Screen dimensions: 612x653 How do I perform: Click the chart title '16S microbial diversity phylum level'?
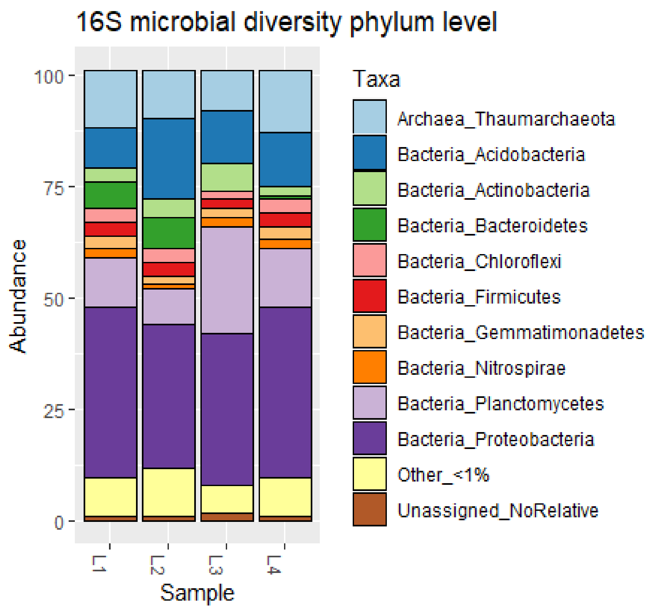pos(286,22)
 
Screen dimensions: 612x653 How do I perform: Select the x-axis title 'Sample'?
pos(197,593)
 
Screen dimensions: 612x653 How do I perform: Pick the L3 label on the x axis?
pos(216,565)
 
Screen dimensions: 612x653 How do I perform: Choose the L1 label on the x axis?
pos(99,564)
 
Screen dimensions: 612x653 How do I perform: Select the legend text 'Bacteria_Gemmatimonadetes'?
pos(521,333)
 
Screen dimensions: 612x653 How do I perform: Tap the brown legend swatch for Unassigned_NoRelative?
pos(370,510)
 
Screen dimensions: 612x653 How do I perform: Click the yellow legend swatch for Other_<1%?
pos(370,474)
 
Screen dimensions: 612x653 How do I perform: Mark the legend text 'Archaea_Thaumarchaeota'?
pos(506,119)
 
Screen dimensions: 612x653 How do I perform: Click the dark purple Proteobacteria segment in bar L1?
pos(111,392)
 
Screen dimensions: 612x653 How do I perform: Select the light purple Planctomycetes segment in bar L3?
pos(227,280)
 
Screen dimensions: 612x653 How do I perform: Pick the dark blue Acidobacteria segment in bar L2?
pos(169,159)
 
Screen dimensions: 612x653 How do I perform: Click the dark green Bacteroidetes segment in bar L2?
pos(169,233)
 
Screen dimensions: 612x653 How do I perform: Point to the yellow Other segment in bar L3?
pos(227,499)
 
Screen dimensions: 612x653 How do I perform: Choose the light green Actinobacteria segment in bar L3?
pos(227,177)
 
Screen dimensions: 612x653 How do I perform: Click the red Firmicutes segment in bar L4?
pos(285,220)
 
